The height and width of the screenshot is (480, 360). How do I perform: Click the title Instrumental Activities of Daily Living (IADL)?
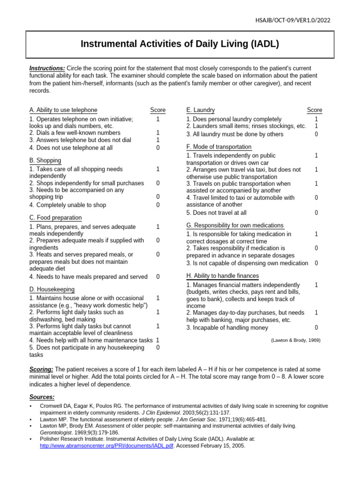coord(180,44)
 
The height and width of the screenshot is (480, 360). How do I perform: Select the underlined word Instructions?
coord(47,68)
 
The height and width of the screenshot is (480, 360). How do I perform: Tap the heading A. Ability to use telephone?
coord(63,110)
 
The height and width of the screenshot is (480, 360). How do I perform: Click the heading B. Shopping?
coord(45,160)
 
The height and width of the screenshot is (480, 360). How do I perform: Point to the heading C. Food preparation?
coord(55,217)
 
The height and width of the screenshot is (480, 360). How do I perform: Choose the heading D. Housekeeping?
coord(52,289)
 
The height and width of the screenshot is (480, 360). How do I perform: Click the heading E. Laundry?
coord(201,110)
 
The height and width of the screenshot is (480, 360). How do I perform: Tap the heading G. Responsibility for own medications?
coord(235,225)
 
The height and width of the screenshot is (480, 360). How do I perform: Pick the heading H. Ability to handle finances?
coord(222,276)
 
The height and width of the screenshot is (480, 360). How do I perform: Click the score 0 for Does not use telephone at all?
coord(158,148)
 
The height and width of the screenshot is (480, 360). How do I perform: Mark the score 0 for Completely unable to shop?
coord(158,205)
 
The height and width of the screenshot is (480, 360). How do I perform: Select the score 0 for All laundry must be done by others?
coord(316,134)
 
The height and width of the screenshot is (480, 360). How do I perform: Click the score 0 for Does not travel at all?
coord(316,212)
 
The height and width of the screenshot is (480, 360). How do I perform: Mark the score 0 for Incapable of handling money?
coord(316,328)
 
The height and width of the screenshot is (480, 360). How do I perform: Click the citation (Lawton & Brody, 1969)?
coord(295,340)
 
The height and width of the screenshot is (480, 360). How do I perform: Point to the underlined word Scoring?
coord(41,369)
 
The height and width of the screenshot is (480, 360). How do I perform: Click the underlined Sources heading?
coord(42,397)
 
